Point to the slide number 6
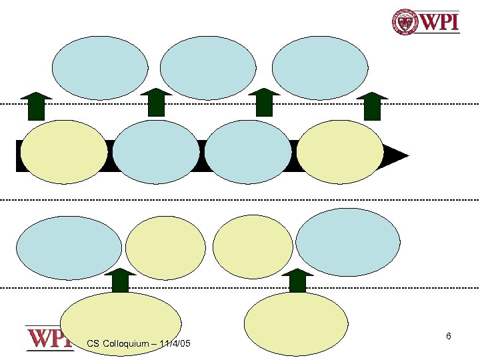click(449, 337)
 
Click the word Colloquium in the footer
click(128, 343)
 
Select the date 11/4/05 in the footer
click(175, 343)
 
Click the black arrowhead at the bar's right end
click(397, 156)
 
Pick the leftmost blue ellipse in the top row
click(100, 67)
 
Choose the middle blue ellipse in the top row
click(208, 67)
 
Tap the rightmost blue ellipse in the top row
click(320, 67)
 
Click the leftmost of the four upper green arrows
click(36, 105)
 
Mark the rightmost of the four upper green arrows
click(372, 105)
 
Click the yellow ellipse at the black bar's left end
click(64, 152)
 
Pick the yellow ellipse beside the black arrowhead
click(340, 152)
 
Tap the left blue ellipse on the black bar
click(156, 152)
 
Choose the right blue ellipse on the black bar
click(248, 152)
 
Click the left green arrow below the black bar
click(121, 281)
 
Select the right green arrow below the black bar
click(297, 281)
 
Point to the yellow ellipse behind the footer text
click(121, 324)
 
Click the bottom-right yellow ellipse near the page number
click(297, 324)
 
